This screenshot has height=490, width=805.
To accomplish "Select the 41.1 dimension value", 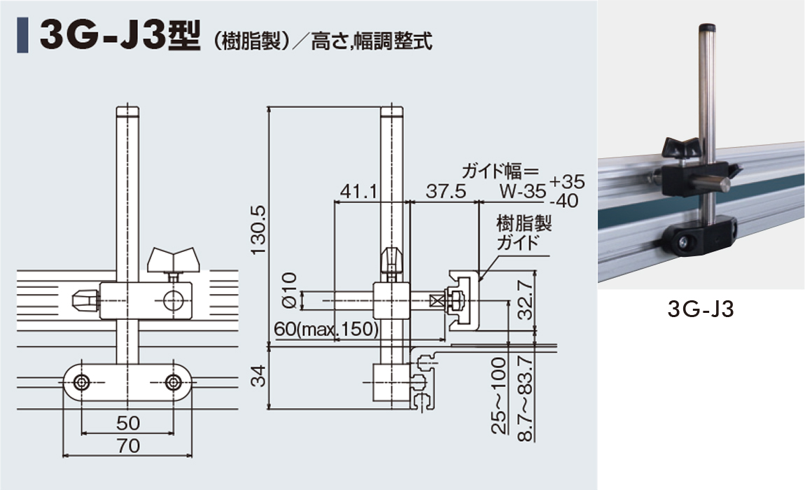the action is [x=358, y=192].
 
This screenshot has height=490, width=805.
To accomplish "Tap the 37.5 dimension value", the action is [x=446, y=191].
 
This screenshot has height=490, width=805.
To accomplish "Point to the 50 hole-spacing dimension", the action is [x=128, y=423].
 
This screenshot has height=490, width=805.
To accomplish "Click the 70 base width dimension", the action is [x=128, y=445].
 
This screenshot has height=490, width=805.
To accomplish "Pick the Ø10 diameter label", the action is [x=290, y=290].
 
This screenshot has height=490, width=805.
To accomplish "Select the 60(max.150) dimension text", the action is [x=326, y=329].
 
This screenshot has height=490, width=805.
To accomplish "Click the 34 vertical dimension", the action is [x=259, y=375].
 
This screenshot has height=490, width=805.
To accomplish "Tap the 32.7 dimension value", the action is [x=525, y=300].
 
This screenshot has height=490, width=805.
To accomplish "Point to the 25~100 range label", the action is [x=499, y=395].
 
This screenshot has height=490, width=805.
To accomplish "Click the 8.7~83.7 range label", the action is [x=525, y=398].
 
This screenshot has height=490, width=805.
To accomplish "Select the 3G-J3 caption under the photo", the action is [x=701, y=309].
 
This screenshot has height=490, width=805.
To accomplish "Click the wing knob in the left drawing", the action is [x=173, y=260].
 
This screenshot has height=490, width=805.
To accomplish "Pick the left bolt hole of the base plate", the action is [x=81, y=382].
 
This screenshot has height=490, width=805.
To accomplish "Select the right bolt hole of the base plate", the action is [x=174, y=382].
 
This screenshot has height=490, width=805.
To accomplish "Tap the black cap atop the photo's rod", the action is [x=707, y=27].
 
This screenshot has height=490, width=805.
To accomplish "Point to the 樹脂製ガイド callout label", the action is [x=524, y=232].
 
